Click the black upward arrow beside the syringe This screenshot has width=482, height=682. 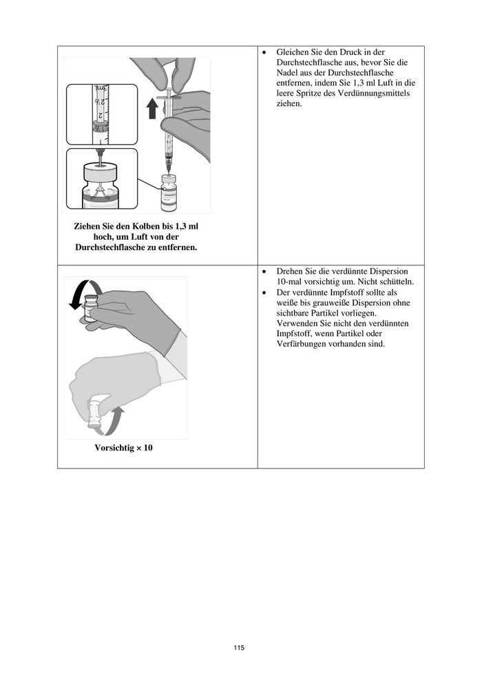click(x=153, y=108)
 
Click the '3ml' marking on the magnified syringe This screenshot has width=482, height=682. click(x=101, y=90)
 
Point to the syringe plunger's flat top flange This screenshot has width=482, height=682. click(x=169, y=99)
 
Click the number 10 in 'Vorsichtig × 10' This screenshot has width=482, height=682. click(x=147, y=448)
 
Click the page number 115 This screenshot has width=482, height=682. click(x=239, y=648)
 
